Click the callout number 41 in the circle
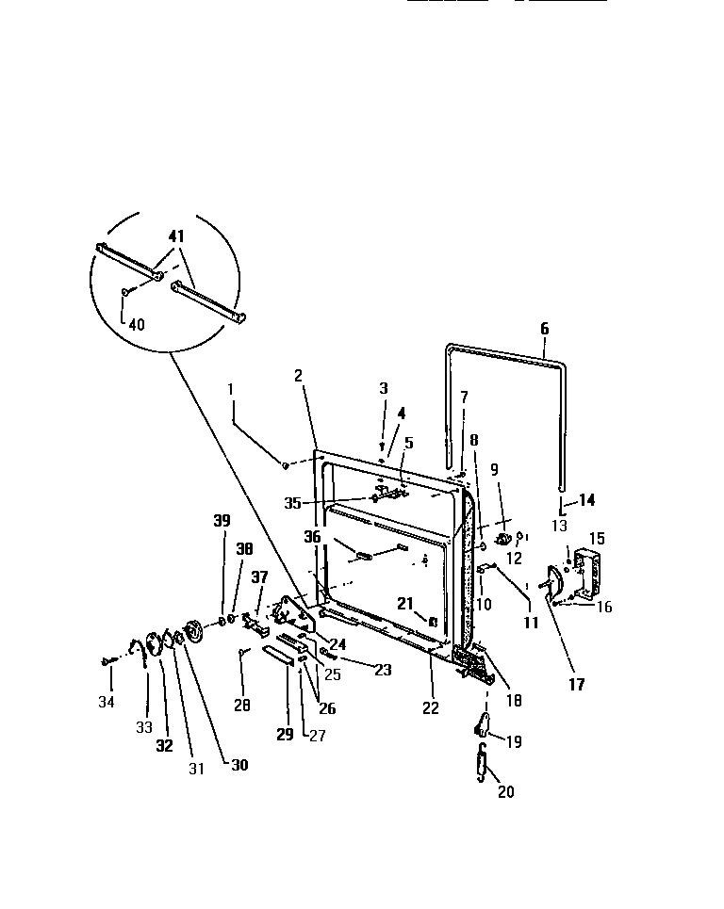(176, 237)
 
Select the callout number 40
(138, 325)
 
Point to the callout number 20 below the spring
(505, 792)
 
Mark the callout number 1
(232, 387)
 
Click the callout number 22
(431, 708)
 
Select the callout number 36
(312, 536)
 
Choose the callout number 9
(495, 468)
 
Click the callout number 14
(586, 500)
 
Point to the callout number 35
(292, 503)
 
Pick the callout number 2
(298, 375)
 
